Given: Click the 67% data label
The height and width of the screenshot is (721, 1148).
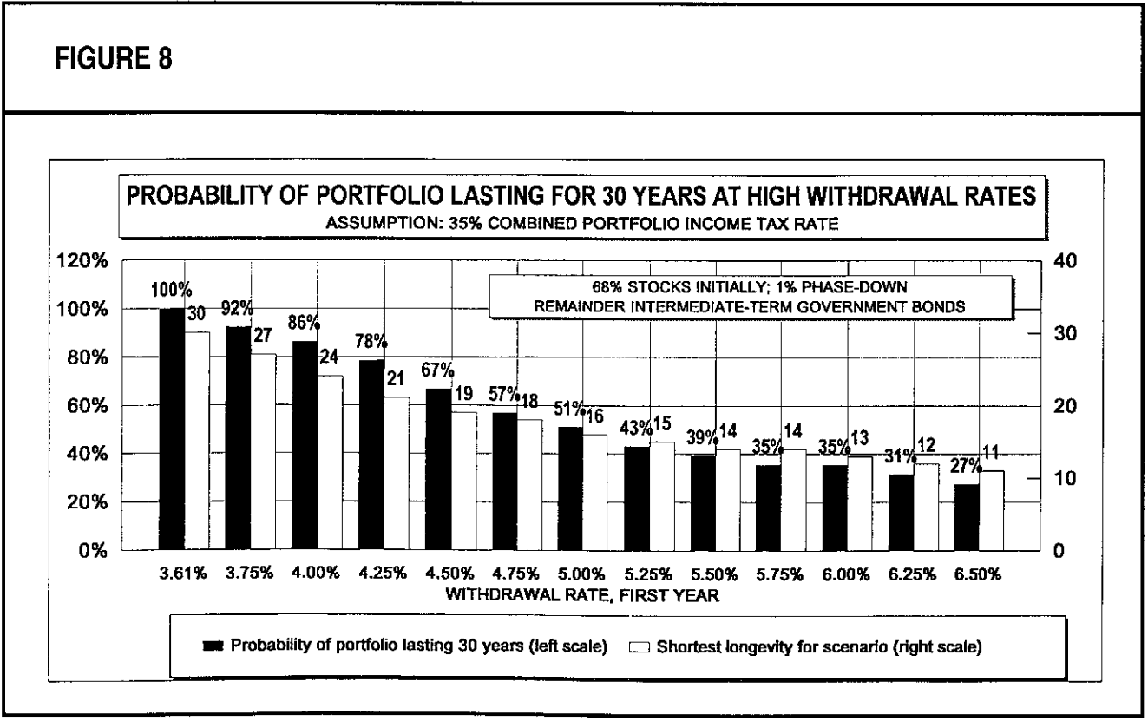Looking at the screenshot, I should point(437,370).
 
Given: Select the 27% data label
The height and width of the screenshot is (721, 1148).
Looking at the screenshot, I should point(963,466).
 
